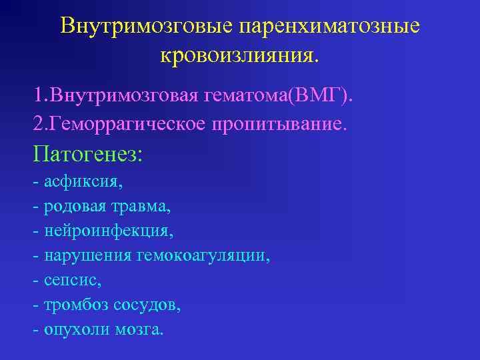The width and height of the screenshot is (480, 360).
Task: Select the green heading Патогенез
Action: [x=87, y=155]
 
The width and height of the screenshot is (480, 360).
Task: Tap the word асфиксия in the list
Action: [x=82, y=182]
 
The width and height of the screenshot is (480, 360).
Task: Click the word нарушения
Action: [x=87, y=256]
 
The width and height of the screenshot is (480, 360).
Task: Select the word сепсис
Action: [x=72, y=281]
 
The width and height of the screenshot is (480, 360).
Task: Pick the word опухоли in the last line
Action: [x=75, y=330]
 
